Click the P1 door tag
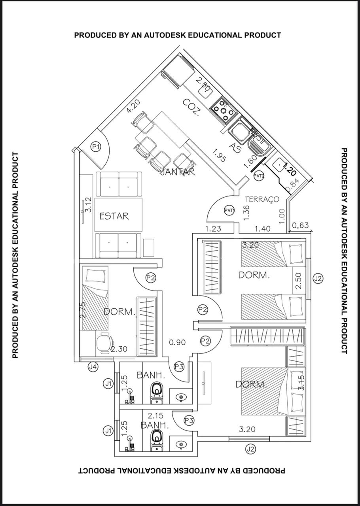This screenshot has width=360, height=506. pyautogui.click(x=95, y=147)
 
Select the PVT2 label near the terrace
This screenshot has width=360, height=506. pyautogui.click(x=259, y=176)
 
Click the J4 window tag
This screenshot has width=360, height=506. pyautogui.click(x=93, y=367)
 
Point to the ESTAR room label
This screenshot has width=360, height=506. pyautogui.click(x=114, y=216)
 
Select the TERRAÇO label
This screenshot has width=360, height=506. pyautogui.click(x=262, y=199)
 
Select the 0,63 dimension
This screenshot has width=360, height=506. pyautogui.click(x=300, y=226)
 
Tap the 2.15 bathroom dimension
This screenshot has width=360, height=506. pyautogui.click(x=156, y=416)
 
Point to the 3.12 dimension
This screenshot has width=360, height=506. pyautogui.click(x=88, y=205)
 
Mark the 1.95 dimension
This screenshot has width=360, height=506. pyautogui.click(x=219, y=155)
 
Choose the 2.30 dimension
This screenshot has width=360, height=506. pyautogui.click(x=119, y=349)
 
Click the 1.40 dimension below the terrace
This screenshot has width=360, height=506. pyautogui.click(x=263, y=228)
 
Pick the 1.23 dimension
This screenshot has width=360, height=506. pyautogui.click(x=213, y=228)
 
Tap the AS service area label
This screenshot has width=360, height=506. pyautogui.click(x=236, y=149)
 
